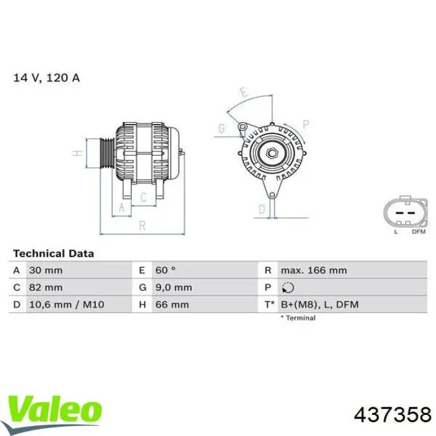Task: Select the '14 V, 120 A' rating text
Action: [x=47, y=78]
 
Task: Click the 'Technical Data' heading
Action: [x=54, y=254]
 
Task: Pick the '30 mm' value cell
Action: [x=45, y=270]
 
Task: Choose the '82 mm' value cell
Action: [x=45, y=287]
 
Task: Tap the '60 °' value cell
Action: [x=166, y=270]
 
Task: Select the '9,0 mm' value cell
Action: [x=173, y=287]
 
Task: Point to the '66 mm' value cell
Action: [x=172, y=305]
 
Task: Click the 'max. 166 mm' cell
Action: [x=313, y=270]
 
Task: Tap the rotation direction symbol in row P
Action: [x=287, y=288]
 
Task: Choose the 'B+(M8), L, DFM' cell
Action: [x=319, y=305]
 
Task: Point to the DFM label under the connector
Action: [x=419, y=232]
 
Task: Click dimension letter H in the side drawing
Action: [x=76, y=153]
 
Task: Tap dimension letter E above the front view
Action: [x=245, y=93]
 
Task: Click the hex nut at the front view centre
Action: [x=272, y=153]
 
